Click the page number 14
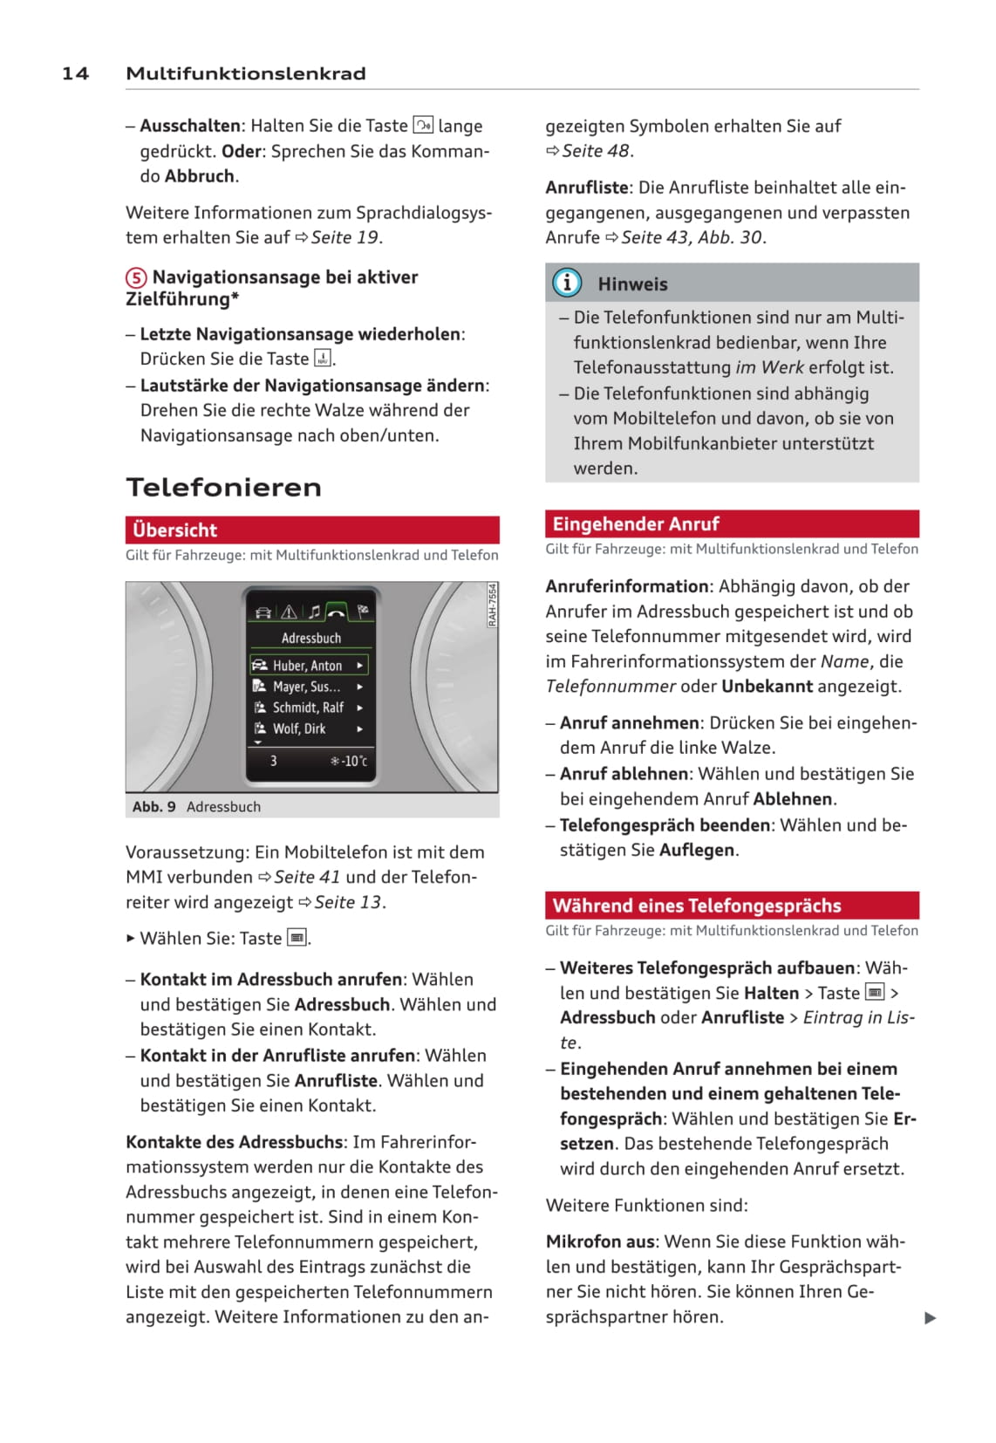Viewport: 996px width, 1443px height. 75,73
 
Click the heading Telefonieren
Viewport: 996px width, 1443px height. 223,487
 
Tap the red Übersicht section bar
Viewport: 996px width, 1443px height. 312,530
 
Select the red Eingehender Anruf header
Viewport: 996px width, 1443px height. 732,523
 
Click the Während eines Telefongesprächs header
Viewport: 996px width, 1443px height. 732,905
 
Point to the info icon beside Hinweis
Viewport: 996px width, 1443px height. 567,283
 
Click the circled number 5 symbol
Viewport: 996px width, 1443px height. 136,277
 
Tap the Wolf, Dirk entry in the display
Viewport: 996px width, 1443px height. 299,728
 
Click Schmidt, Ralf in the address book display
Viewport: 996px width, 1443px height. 308,708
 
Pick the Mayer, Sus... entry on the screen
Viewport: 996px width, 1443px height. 306,687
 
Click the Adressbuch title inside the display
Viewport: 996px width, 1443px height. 311,638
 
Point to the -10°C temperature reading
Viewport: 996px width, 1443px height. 350,761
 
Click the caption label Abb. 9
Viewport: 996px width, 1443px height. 153,806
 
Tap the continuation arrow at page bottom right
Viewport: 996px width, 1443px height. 930,1317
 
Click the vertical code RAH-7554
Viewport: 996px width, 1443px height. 492,605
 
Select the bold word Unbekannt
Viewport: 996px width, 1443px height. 767,686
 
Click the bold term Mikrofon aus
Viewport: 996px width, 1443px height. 600,1241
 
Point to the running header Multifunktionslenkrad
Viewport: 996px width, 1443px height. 246,73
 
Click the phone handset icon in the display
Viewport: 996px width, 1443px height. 336,612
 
